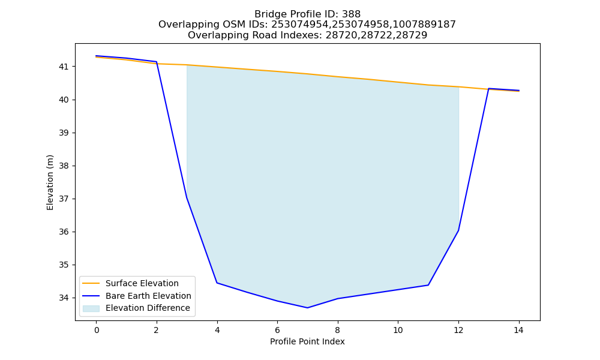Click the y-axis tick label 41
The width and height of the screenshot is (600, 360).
point(64,67)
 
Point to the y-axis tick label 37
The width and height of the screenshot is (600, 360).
point(64,199)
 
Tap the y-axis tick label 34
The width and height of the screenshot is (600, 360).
point(64,298)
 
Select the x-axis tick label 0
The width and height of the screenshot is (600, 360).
point(97,330)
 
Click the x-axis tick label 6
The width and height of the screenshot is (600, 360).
point(277,330)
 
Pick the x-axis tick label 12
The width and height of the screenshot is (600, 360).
point(458,330)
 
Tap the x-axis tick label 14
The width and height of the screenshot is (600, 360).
point(518,330)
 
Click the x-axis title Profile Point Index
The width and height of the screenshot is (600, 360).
point(307,341)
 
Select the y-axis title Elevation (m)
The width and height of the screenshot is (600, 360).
point(50,182)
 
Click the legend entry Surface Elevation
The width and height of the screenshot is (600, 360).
point(142,283)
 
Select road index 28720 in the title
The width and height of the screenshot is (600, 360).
point(338,35)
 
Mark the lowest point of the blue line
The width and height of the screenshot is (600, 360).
point(307,308)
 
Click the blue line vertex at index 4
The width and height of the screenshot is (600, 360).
point(217,283)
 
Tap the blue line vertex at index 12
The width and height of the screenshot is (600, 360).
point(458,230)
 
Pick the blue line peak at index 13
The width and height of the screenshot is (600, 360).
point(488,88)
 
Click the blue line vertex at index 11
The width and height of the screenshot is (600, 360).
point(428,285)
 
